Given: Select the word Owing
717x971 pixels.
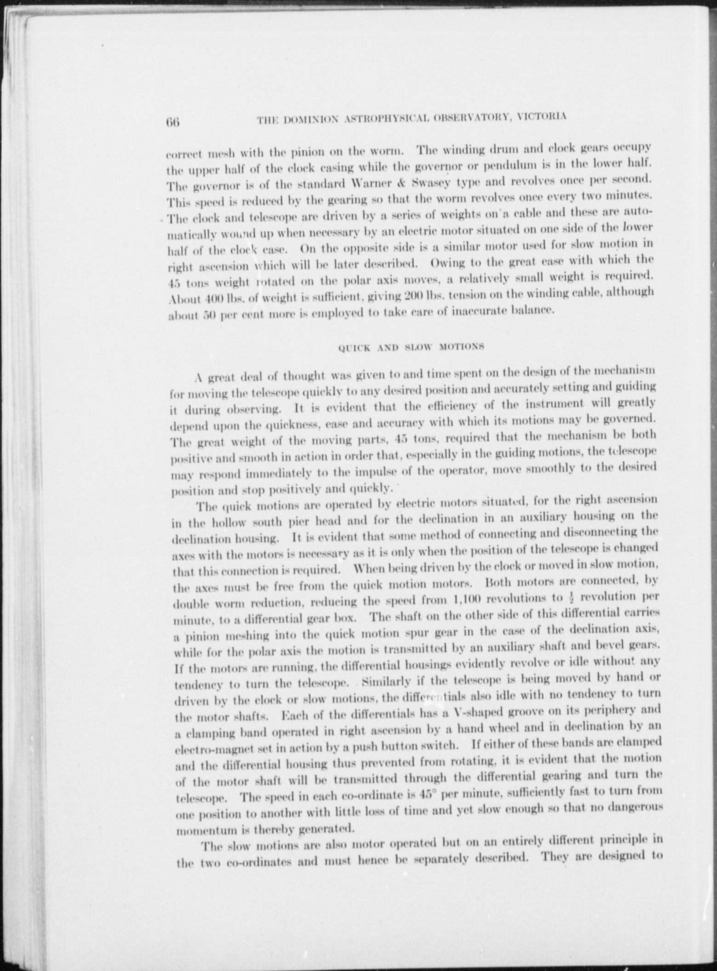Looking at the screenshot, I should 447,263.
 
